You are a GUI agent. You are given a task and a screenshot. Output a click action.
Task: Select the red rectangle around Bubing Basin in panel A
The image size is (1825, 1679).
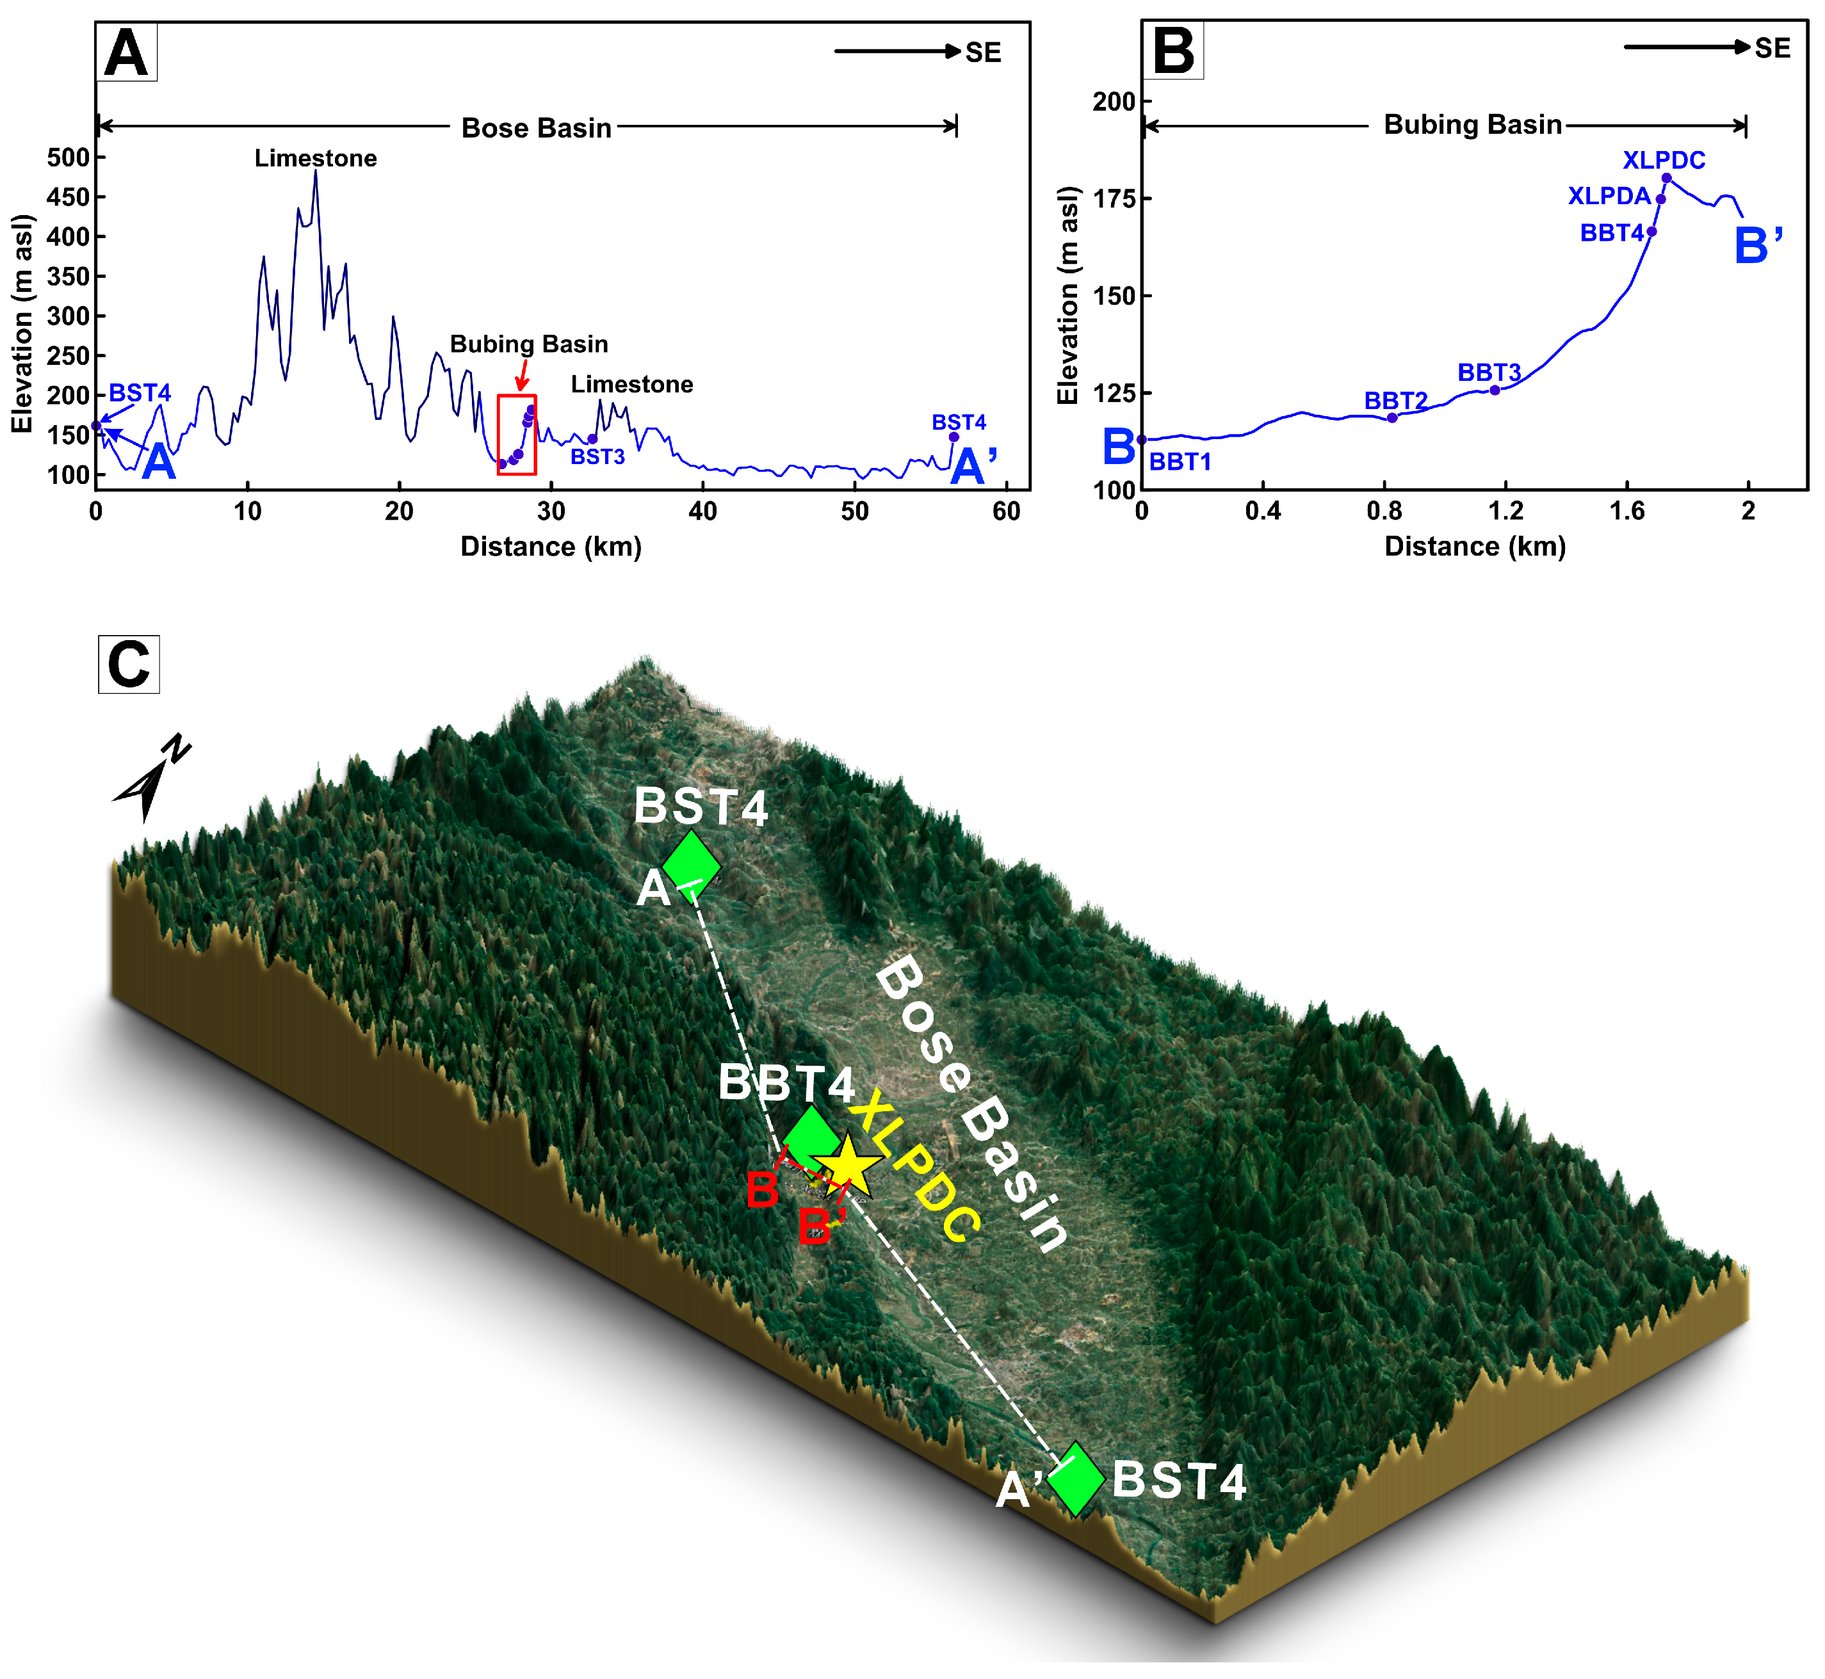tap(517, 434)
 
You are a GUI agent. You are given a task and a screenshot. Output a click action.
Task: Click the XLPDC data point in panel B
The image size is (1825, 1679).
tap(1666, 178)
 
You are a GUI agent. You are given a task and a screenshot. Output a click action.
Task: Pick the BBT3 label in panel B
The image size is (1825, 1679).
tap(1489, 373)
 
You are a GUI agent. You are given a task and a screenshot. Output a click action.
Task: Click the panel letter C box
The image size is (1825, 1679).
tap(129, 664)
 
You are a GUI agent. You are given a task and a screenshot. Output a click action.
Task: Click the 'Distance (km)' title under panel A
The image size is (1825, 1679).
tap(551, 546)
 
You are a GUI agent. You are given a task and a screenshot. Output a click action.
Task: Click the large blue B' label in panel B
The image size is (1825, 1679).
tap(1758, 245)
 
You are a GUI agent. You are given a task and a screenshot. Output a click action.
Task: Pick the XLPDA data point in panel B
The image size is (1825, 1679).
tap(1660, 200)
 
